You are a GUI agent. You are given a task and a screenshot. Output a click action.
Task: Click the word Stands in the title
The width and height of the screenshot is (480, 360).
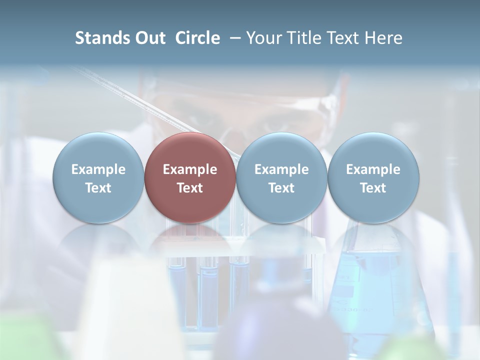99,38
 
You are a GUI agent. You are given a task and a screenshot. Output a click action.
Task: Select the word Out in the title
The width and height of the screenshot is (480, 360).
148,38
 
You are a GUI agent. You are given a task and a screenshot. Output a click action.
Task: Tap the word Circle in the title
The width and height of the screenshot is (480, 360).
197,38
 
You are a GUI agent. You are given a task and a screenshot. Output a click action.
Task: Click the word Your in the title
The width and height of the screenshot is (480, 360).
263,38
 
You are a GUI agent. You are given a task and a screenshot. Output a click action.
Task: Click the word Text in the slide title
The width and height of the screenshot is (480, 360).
343,38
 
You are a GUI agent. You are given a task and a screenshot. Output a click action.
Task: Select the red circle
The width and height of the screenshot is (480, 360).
190,177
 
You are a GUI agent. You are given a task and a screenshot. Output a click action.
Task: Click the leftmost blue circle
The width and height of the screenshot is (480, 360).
98,177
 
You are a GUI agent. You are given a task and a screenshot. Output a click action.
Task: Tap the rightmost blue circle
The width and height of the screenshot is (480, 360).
373,177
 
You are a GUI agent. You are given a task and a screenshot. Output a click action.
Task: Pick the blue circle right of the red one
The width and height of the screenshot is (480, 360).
281,177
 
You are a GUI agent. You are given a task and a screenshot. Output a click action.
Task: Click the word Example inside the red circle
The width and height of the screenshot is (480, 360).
190,169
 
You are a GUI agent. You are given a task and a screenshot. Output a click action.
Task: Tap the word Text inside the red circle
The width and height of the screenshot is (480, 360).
190,188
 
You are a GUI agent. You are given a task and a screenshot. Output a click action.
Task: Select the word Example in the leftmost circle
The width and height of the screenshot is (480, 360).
98,169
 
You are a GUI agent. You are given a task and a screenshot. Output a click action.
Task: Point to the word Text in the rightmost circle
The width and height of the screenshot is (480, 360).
373,188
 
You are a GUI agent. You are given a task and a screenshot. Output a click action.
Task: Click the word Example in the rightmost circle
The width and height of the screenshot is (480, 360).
373,169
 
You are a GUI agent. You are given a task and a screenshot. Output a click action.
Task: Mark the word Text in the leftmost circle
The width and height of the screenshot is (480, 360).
98,188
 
